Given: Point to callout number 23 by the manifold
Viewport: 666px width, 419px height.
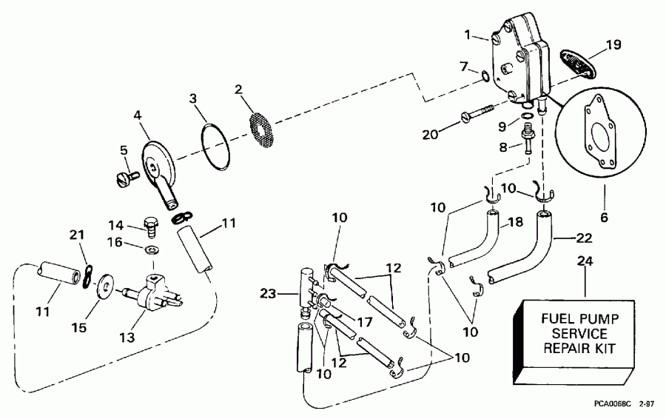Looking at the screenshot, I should pos(269,294).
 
